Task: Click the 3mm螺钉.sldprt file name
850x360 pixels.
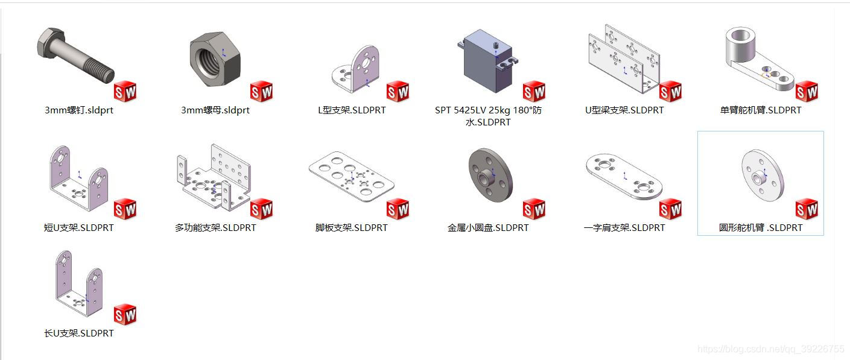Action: point(79,110)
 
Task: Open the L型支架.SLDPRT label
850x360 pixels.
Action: point(352,110)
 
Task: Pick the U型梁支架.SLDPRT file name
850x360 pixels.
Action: point(624,110)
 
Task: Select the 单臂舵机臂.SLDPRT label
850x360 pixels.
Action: point(761,110)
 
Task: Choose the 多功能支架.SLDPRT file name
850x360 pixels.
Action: point(215,228)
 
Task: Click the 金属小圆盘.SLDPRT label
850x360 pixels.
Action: point(488,228)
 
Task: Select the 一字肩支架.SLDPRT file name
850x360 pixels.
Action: point(624,228)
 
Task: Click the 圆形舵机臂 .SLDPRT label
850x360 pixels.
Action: point(761,228)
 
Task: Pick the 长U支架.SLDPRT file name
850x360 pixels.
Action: point(79,333)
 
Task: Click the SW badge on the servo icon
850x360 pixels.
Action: point(534,92)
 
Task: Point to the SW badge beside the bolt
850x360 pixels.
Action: point(125,92)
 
